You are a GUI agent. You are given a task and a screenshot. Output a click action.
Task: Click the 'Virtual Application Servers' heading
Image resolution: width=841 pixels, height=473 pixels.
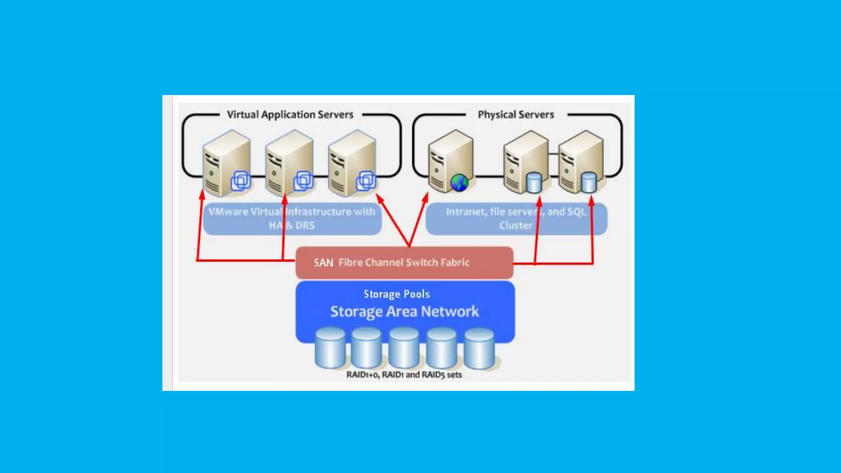290,115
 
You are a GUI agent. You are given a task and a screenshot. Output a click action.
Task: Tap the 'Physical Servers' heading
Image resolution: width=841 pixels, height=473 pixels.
516,115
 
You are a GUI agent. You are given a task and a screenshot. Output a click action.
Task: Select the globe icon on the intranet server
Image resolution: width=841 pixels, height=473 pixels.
459,183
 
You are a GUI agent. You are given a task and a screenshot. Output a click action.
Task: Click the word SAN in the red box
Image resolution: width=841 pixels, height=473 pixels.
323,263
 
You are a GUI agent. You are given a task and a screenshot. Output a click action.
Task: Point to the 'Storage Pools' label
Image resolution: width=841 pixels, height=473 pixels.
397,294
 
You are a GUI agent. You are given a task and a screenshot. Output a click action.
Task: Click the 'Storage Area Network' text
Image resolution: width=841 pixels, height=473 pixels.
404,312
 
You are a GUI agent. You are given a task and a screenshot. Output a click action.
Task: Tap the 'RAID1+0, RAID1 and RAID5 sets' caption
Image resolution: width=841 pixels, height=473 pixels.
404,374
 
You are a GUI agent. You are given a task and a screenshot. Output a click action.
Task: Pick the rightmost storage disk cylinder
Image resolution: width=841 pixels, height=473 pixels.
479,349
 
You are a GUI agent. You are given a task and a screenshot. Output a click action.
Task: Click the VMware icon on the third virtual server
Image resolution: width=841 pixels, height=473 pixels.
365,181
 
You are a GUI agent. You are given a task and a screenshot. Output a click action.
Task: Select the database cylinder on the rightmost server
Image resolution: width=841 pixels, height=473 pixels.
589,183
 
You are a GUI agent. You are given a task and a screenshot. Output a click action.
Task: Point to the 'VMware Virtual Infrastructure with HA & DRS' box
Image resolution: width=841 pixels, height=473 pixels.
292,218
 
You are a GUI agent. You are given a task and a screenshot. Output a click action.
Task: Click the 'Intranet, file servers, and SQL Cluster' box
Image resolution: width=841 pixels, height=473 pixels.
516,218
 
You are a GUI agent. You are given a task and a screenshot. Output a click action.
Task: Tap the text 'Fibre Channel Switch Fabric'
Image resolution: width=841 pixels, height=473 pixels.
404,263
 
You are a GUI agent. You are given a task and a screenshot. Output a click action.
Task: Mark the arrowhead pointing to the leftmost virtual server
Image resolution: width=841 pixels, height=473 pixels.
202,194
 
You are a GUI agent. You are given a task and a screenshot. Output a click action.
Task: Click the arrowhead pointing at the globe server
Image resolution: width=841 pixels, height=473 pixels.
425,197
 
